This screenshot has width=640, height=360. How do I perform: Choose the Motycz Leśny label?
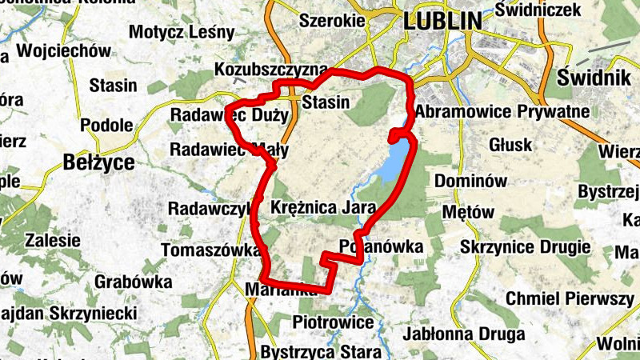tap(182, 33)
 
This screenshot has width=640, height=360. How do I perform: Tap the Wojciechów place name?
tap(63, 51)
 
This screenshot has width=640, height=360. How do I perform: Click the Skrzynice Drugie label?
tap(526, 247)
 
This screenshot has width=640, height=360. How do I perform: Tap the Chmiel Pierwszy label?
tap(570, 298)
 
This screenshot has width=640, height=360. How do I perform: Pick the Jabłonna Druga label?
tap(465, 334)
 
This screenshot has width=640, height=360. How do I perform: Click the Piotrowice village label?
tap(334, 322)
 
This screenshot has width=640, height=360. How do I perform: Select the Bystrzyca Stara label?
tap(320, 352)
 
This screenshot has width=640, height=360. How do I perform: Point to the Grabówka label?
tap(134, 282)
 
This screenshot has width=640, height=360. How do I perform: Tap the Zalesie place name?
tap(53, 240)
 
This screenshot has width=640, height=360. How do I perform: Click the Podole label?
tap(106, 125)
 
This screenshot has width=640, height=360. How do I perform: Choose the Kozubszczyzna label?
tap(271, 72)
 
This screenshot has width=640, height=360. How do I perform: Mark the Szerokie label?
tap(326, 22)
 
